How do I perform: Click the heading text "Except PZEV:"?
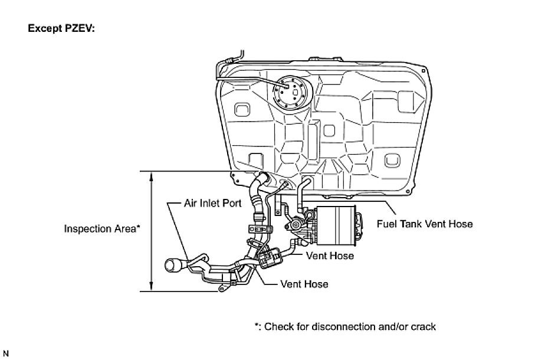click(x=61, y=28)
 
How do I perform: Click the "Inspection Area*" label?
click(x=101, y=229)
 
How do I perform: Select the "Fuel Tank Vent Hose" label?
click(x=424, y=224)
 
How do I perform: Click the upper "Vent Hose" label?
click(x=330, y=256)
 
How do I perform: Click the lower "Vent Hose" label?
click(x=304, y=284)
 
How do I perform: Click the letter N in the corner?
click(x=6, y=353)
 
